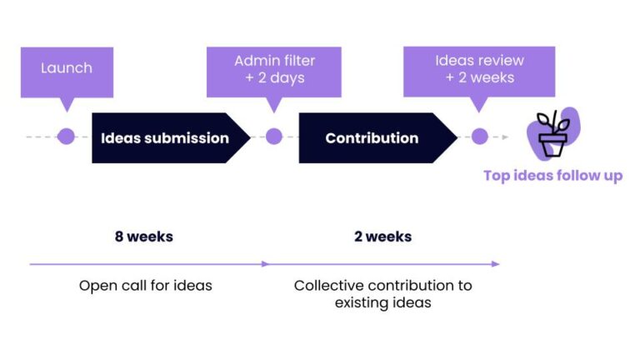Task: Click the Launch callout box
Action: (x=67, y=72)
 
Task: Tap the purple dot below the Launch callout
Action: (x=66, y=137)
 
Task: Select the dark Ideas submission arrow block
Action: (x=171, y=138)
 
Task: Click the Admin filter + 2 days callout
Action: (x=274, y=72)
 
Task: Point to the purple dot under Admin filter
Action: (x=274, y=137)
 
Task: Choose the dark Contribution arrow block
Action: (x=378, y=138)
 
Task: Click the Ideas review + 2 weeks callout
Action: (x=479, y=72)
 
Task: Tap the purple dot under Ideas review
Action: (x=480, y=137)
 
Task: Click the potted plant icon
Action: (x=553, y=134)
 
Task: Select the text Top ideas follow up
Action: (x=553, y=176)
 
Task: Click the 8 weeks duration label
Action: (x=144, y=237)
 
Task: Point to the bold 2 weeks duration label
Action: (x=382, y=237)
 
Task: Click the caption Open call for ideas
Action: (x=146, y=285)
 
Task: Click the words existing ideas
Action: (x=382, y=302)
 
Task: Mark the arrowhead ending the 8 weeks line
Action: (x=266, y=264)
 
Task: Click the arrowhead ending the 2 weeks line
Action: (x=496, y=264)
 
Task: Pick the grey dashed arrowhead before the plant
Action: (x=505, y=137)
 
